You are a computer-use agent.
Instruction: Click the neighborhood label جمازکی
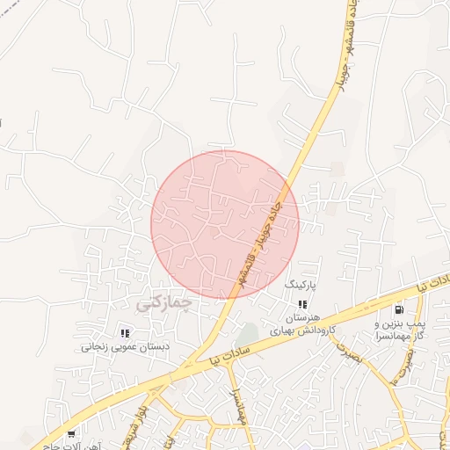pos(163,303)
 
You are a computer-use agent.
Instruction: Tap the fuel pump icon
pos(400,309)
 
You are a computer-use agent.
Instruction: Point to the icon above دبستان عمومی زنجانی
pos(125,333)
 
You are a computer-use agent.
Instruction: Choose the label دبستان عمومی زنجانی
pos(125,346)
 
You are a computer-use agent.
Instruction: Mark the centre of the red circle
pos(225,224)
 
